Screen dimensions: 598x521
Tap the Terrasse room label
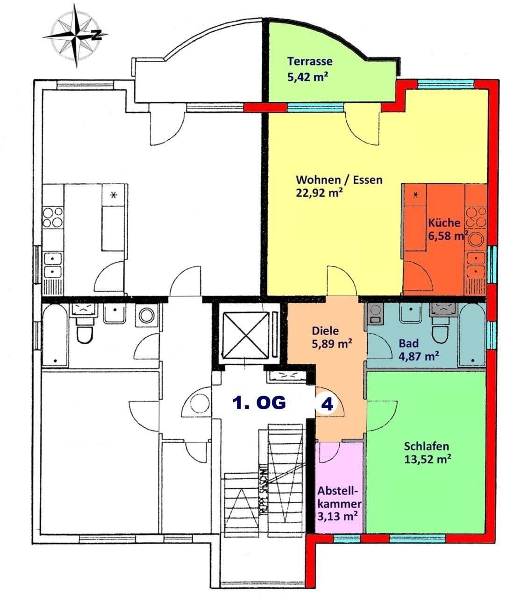(310, 61)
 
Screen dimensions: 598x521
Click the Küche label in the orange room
(444, 223)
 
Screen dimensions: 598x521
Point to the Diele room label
(325, 331)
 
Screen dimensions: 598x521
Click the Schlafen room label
(427, 446)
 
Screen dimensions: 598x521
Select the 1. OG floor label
(259, 403)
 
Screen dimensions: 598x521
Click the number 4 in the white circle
(328, 404)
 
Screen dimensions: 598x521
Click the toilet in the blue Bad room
(440, 333)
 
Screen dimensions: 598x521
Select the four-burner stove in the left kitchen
(53, 217)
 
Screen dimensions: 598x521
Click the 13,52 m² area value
(427, 459)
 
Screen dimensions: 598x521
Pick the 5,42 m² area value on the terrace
(307, 77)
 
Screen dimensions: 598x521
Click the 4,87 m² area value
(418, 356)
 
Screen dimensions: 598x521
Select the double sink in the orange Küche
(475, 264)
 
